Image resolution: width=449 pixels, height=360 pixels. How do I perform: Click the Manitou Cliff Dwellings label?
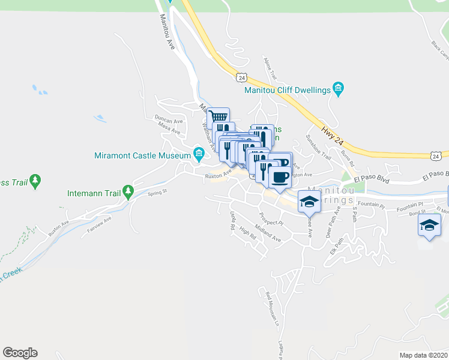(x=288, y=90)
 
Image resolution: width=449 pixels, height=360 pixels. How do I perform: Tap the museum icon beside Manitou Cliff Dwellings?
(x=338, y=90)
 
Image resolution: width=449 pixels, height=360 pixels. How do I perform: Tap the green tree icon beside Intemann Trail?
(x=127, y=192)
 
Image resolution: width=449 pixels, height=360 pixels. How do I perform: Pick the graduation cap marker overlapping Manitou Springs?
(x=309, y=202)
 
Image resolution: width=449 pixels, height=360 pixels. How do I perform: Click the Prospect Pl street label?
(x=270, y=218)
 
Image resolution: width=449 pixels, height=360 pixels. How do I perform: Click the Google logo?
(x=20, y=353)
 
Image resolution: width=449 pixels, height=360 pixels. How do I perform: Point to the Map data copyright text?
(x=424, y=355)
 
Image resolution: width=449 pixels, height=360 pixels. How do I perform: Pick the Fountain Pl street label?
(x=370, y=204)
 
